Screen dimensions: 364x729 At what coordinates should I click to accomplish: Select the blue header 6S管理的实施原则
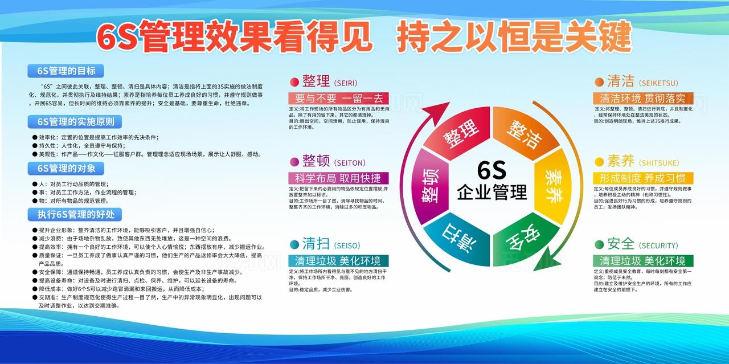(75, 121)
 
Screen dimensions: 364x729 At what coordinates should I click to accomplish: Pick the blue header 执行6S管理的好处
(76, 214)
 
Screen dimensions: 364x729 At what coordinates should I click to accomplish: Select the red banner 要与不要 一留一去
(339, 98)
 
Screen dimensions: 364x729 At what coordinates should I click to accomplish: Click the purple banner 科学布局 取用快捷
(339, 178)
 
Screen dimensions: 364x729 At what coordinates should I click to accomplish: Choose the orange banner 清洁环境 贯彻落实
(643, 98)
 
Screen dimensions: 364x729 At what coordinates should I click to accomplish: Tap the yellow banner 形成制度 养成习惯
(643, 178)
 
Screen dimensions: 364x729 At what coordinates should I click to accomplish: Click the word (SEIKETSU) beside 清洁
(658, 83)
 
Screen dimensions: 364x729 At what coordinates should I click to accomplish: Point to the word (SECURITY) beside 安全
(659, 246)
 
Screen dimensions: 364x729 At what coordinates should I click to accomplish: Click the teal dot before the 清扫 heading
(294, 245)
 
